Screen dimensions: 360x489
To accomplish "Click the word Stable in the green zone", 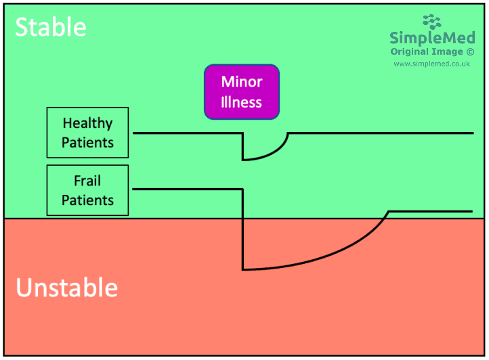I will [x=51, y=27].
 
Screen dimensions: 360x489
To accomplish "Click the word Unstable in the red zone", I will [x=66, y=288].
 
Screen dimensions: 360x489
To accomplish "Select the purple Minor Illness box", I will [x=242, y=92].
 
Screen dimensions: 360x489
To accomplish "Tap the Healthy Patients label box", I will [x=87, y=133].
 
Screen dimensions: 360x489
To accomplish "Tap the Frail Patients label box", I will [x=87, y=190].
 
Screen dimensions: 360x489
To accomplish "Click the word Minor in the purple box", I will [x=242, y=82].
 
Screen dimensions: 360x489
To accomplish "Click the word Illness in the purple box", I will [x=242, y=103].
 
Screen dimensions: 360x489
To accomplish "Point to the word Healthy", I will [x=87, y=123].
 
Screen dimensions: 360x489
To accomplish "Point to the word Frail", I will [x=87, y=181].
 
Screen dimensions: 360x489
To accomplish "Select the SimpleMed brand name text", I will [x=431, y=38].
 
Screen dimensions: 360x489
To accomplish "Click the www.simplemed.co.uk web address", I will [x=431, y=64].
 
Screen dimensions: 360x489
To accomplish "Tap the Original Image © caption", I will [x=431, y=51].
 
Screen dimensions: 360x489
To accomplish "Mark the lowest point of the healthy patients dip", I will [x=243, y=160].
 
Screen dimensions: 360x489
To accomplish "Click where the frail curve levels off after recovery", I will [x=389, y=212].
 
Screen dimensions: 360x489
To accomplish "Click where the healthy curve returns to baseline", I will [x=289, y=133].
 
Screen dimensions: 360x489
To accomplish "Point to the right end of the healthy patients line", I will [x=471, y=133].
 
